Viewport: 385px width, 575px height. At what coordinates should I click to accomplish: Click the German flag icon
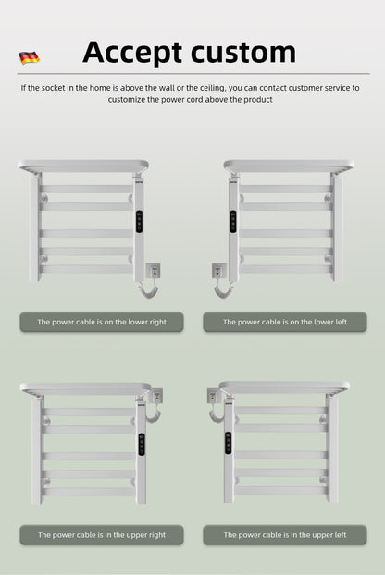(29, 57)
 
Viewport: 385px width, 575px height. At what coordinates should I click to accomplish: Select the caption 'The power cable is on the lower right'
(102, 323)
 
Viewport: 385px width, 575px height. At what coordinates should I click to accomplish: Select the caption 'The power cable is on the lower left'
(285, 323)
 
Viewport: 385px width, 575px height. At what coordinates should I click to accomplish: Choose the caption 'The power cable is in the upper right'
(102, 535)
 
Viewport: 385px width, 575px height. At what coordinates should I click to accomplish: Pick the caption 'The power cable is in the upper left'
(285, 535)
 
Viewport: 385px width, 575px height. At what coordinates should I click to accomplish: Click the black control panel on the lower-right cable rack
(141, 221)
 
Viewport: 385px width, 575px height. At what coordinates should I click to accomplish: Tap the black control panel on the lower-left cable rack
(232, 221)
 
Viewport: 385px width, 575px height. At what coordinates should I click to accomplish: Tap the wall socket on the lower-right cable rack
(155, 271)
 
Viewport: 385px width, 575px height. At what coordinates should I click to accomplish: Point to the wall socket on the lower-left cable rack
(218, 271)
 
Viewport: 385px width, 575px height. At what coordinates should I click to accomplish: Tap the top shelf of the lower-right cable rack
(82, 167)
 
